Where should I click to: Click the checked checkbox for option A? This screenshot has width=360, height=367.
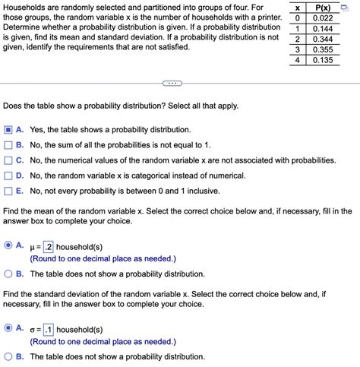(8, 131)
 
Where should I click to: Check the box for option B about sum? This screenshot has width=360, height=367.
(8, 146)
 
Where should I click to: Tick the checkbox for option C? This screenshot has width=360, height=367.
(8, 161)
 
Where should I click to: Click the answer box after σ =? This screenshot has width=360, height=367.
(48, 330)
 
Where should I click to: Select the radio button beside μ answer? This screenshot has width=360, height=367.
(8, 246)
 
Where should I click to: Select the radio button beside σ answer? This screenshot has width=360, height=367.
(8, 330)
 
